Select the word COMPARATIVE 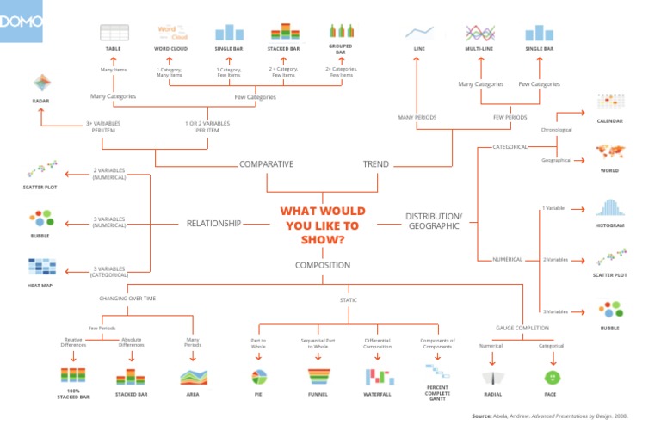click(266, 164)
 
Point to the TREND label click(375, 164)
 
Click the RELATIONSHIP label click(213, 224)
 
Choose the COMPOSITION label click(323, 266)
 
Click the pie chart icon click(258, 377)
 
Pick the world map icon click(608, 152)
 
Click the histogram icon click(608, 208)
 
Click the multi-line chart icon click(479, 33)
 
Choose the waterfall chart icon click(377, 377)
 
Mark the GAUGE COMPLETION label click(522, 328)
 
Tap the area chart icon click(192, 377)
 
